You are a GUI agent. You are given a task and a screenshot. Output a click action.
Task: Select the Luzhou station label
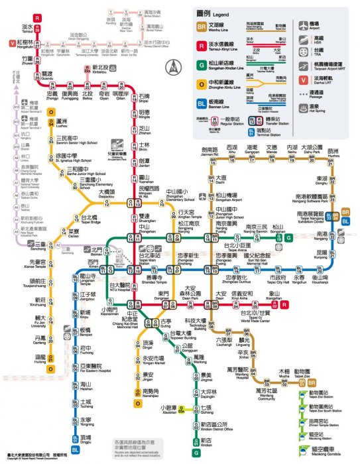pos(62,123)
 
